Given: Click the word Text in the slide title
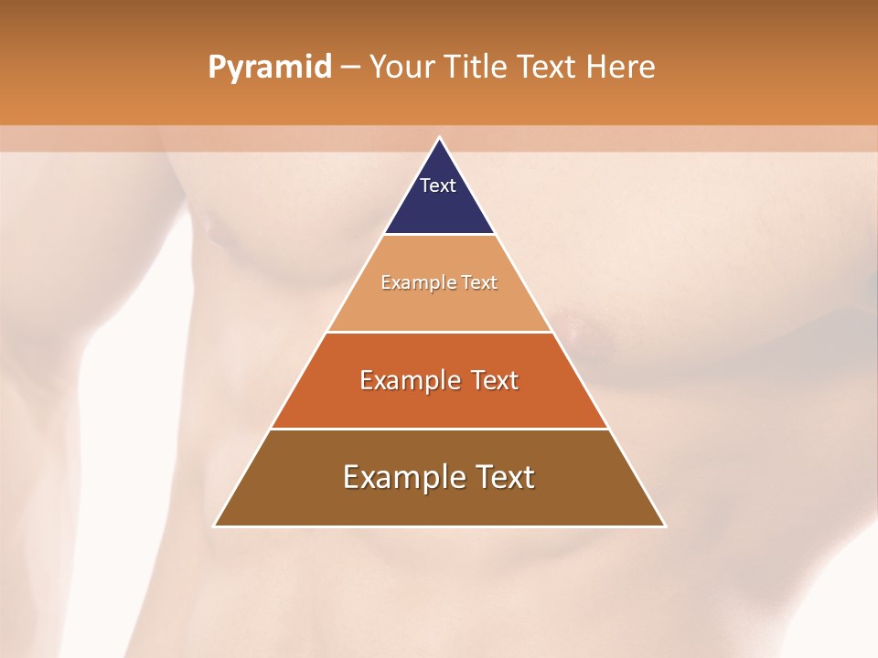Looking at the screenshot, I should [x=547, y=68].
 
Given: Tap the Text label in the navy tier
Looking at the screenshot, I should [x=438, y=186].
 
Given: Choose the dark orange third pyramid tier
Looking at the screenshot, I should [x=439, y=402].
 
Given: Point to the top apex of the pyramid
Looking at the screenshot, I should [x=440, y=139].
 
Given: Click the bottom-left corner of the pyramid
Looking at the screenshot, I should [x=215, y=525].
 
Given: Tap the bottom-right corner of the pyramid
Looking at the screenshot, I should [x=665, y=525].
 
